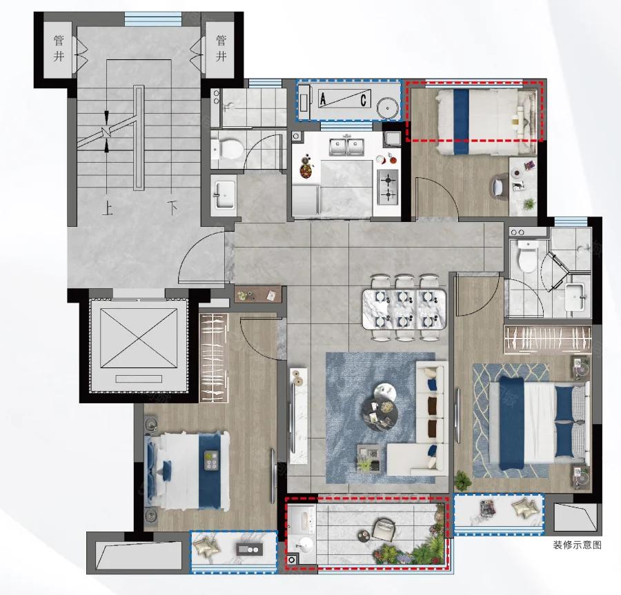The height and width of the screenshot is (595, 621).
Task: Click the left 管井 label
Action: [x=59, y=48]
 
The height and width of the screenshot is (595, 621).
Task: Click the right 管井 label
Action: [x=221, y=48]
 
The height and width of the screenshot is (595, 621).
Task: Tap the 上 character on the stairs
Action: [x=108, y=208]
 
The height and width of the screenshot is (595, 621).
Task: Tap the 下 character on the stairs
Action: [x=172, y=208]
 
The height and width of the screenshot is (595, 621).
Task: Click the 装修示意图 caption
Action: [x=577, y=545]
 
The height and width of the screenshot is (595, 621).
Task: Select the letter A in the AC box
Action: [x=323, y=99]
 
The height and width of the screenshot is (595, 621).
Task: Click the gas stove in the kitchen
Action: [x=387, y=187]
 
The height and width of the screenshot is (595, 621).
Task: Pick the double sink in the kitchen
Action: [x=346, y=145]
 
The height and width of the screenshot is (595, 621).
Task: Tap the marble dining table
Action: [x=404, y=309]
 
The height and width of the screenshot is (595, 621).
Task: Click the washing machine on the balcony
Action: [x=302, y=519]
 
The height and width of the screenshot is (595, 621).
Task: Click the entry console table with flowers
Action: [x=258, y=294]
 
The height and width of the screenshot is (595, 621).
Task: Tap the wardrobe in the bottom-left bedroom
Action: [x=213, y=358]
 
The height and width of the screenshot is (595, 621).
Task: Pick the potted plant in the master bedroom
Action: [x=463, y=481]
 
